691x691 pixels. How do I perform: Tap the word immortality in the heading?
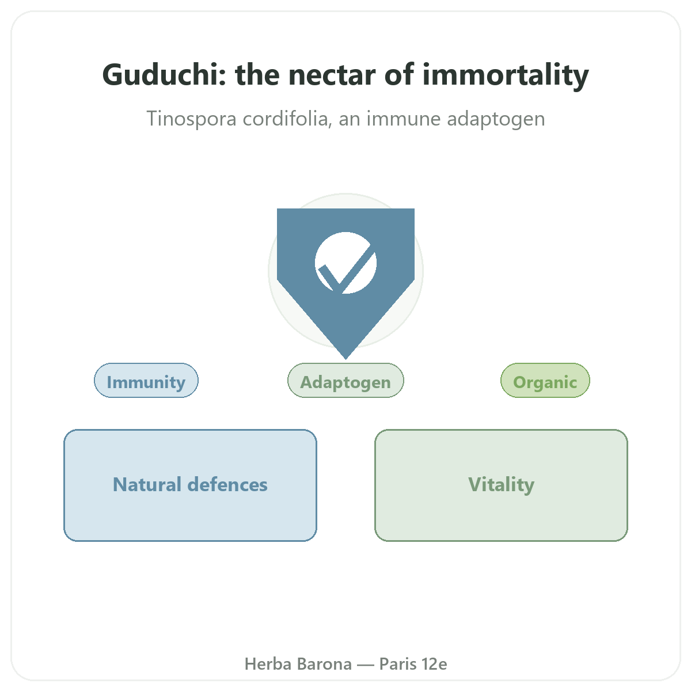tap(506, 75)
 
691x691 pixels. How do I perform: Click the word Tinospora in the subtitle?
tap(192, 119)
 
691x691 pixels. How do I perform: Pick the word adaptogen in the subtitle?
tap(496, 119)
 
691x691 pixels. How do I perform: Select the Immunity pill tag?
tap(146, 381)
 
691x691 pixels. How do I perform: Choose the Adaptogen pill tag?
tap(345, 381)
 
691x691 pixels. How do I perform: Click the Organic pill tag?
tap(545, 381)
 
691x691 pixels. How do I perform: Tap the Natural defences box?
tap(190, 485)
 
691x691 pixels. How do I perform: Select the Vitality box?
tap(501, 485)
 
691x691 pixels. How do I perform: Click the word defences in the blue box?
tap(227, 484)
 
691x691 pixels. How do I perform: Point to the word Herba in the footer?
tap(268, 664)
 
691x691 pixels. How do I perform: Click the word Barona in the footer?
tap(325, 664)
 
